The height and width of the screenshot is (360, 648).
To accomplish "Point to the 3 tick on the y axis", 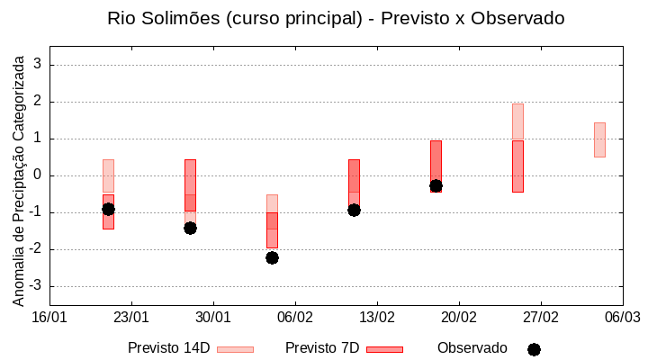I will pos(38,65).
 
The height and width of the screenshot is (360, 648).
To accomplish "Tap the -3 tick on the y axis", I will pos(36,286).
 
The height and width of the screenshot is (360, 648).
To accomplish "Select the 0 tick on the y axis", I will pos(38,175).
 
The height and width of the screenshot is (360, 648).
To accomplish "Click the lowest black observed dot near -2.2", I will pos(272,257).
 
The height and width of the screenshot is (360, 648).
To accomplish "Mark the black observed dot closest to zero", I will pos(436,185).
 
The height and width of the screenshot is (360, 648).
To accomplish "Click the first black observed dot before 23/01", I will pos(108,209).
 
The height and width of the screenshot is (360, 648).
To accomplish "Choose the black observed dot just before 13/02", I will pos(354,210).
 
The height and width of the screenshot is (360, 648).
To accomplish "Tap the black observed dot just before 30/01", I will pos(190,228).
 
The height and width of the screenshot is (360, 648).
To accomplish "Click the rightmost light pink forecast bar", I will pos(599,139).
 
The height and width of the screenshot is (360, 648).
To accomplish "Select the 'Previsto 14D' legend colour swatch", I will pos(235,349).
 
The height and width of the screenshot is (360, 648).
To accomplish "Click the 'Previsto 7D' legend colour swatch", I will pos(384,349).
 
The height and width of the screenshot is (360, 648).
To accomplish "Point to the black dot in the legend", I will pos(534,349).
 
